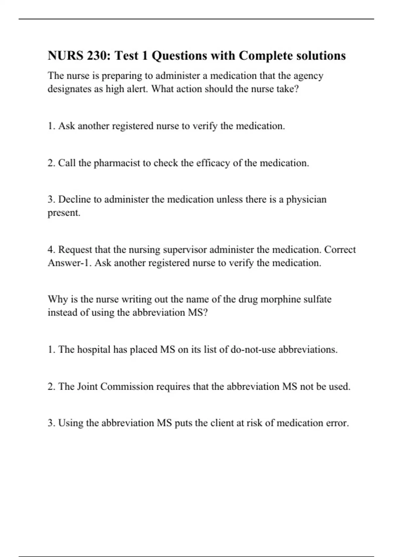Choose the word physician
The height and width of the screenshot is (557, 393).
pyautogui.click(x=306, y=200)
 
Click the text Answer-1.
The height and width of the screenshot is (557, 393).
pyautogui.click(x=69, y=263)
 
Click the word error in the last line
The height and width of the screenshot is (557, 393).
pyautogui.click(x=337, y=423)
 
